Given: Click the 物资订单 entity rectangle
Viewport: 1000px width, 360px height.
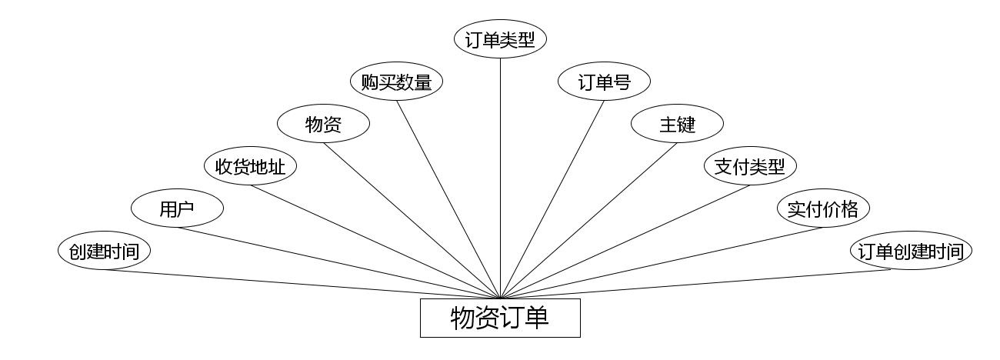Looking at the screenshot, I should [x=500, y=318].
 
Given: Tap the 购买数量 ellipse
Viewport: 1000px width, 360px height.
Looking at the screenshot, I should [x=396, y=82].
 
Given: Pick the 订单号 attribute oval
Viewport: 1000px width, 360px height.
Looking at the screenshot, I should [x=604, y=82].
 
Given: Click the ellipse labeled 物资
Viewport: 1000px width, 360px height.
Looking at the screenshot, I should [x=323, y=125].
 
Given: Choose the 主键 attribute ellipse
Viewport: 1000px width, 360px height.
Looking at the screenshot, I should [x=677, y=125].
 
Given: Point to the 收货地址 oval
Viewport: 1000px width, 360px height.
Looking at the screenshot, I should [x=250, y=166].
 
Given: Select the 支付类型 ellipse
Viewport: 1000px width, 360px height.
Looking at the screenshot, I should [x=750, y=166].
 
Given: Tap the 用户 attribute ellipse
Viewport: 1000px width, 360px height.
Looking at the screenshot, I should [x=177, y=208].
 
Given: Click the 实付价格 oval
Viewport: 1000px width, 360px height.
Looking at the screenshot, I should [x=823, y=208].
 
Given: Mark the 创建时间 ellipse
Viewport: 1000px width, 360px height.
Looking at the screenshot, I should [x=104, y=251].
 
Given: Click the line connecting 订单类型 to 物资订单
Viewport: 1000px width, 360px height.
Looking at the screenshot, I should [x=500, y=177].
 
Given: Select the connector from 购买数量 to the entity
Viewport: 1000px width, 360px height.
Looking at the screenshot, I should [x=449, y=200].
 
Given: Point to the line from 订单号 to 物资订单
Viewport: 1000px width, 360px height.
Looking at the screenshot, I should [x=552, y=200].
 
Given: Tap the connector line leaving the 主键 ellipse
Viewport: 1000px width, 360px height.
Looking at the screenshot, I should [x=588, y=221].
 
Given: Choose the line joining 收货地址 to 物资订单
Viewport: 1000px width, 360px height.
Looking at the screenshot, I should [x=375, y=242].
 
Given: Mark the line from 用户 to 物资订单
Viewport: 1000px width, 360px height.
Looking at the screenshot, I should [x=338, y=262].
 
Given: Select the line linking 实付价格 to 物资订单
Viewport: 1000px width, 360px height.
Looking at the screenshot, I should [x=662, y=262].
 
